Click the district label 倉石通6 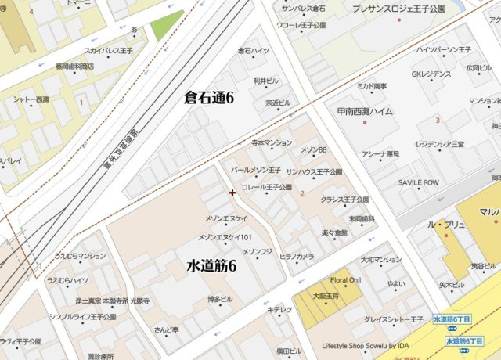coord(209,98)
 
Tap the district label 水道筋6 coord(211,266)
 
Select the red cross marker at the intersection coord(232,192)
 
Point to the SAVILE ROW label coord(419,182)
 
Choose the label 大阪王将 coord(324,296)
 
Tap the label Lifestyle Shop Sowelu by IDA coord(366,345)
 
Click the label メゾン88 coord(313,149)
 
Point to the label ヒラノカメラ coord(297,256)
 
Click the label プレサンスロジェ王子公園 coord(398,8)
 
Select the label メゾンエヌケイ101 coord(225,237)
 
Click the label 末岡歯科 coord(362,218)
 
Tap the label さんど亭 coord(166,329)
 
